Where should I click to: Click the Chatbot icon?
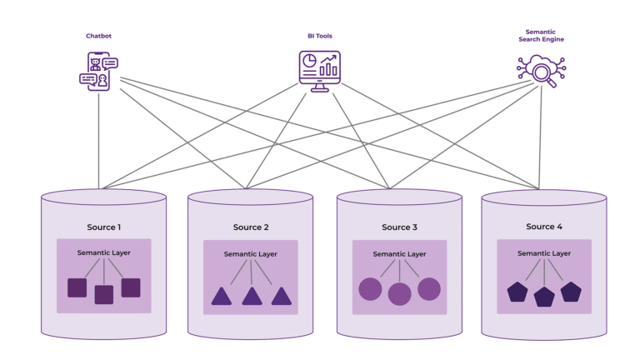pyautogui.click(x=98, y=70)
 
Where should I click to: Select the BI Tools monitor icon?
pyautogui.click(x=320, y=70)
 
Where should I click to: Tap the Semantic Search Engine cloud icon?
pyautogui.click(x=541, y=70)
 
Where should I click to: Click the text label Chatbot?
pyautogui.click(x=98, y=36)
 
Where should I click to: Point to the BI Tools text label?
pyautogui.click(x=320, y=36)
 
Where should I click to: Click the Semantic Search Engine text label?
pyautogui.click(x=541, y=36)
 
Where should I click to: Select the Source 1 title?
pyautogui.click(x=104, y=227)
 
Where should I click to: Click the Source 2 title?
pyautogui.click(x=251, y=227)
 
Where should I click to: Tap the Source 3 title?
pyautogui.click(x=399, y=227)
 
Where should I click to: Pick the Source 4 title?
pyautogui.click(x=544, y=227)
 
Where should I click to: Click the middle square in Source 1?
pyautogui.click(x=104, y=294)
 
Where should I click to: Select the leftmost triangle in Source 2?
pyautogui.click(x=221, y=296)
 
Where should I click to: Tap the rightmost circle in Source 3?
pyautogui.click(x=429, y=289)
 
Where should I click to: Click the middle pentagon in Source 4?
pyautogui.click(x=544, y=296)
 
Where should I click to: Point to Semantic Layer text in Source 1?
pyautogui.click(x=104, y=252)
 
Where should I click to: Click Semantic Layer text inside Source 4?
pyautogui.click(x=544, y=253)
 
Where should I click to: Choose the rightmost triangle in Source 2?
pyautogui.click(x=281, y=296)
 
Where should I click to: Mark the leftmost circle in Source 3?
pyautogui.click(x=369, y=289)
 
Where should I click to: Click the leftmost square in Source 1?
pyautogui.click(x=77, y=287)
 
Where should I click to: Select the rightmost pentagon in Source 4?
pyautogui.click(x=571, y=291)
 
